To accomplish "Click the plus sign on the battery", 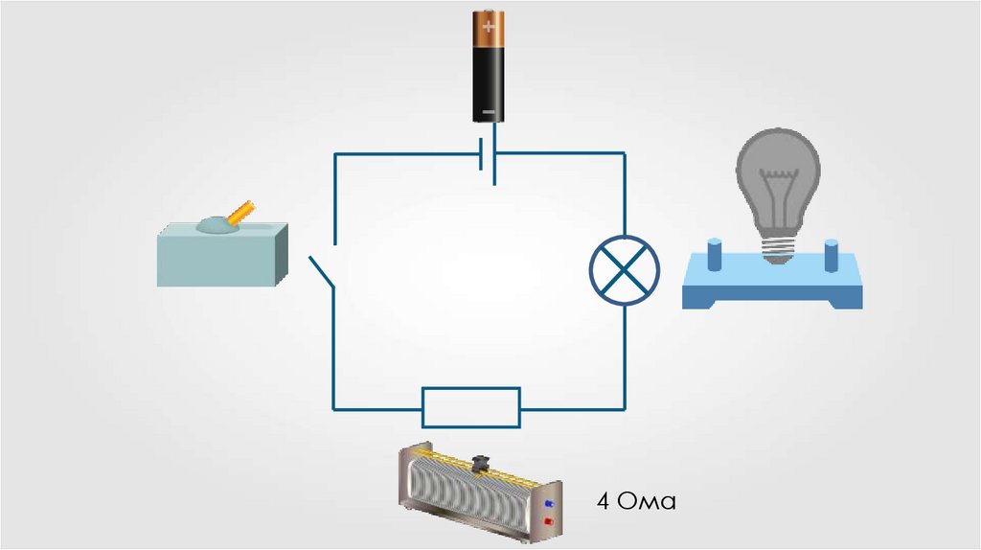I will [x=490, y=26].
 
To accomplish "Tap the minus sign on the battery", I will [x=490, y=112].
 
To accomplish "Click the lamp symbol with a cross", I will [x=625, y=271].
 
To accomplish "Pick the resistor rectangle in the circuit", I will [x=471, y=407].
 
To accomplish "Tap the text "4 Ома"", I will [x=635, y=501].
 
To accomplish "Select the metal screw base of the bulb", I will [x=779, y=250].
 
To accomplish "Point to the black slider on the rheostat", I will [x=482, y=464].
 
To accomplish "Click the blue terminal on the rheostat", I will [x=549, y=502].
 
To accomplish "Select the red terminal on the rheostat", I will [x=549, y=520].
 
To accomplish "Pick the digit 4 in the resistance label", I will [x=603, y=501].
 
